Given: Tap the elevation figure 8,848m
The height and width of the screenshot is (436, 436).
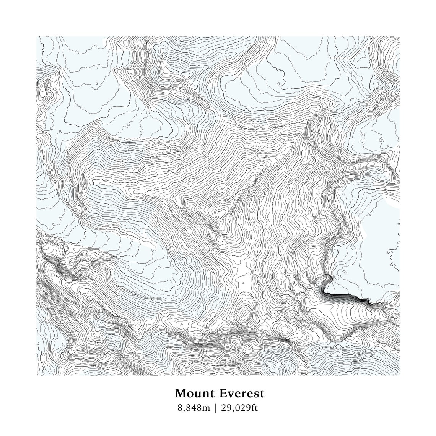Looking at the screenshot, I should tap(194, 408).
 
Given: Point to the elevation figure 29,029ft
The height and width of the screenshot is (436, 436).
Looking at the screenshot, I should tap(240, 408).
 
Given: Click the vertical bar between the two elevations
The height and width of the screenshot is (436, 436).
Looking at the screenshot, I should tap(216, 408).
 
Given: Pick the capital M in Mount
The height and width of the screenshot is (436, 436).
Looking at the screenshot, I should tap(180, 394).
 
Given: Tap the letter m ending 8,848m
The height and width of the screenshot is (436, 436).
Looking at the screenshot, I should tap(207, 408).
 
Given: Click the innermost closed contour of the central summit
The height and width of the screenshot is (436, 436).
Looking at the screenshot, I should tap(221, 213).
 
